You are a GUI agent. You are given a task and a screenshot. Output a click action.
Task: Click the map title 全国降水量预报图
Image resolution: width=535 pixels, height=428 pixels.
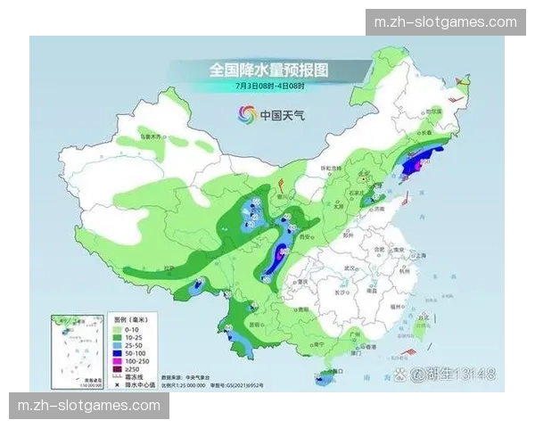267,69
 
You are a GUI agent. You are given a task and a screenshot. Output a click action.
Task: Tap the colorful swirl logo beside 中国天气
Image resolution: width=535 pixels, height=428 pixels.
245,114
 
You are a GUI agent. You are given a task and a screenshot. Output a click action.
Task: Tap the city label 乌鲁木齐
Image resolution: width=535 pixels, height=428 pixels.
152,137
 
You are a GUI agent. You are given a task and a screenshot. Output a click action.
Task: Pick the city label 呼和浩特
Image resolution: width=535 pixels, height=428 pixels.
329,169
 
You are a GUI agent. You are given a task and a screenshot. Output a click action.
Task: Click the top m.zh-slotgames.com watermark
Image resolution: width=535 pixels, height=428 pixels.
445,21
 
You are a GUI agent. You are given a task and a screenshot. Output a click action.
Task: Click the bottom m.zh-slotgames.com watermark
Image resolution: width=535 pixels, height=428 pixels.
89,406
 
